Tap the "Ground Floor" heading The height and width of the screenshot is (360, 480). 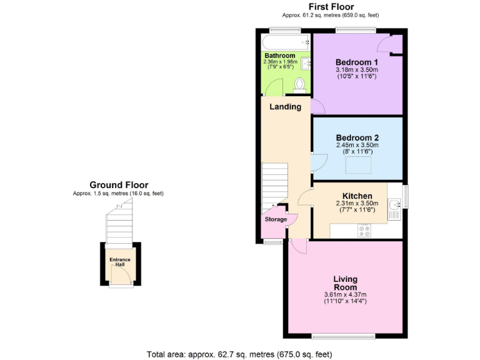click(119, 185)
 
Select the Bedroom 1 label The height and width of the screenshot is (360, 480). click(357, 62)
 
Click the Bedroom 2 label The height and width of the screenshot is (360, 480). click(357, 138)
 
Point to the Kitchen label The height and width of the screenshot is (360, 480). click(357, 196)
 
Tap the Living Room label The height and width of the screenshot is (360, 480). click(345, 283)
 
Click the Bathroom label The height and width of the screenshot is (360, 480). click(279, 56)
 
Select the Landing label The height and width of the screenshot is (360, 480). click(285, 107)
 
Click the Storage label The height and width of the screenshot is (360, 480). click(276, 219)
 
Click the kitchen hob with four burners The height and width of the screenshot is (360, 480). click(364, 230)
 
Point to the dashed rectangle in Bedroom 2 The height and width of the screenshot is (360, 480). click(360, 165)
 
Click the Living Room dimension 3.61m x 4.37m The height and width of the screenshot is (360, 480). click(345, 295)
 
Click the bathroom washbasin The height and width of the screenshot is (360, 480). click(306, 63)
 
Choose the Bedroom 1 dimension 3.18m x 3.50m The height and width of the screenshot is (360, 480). click(357, 70)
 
